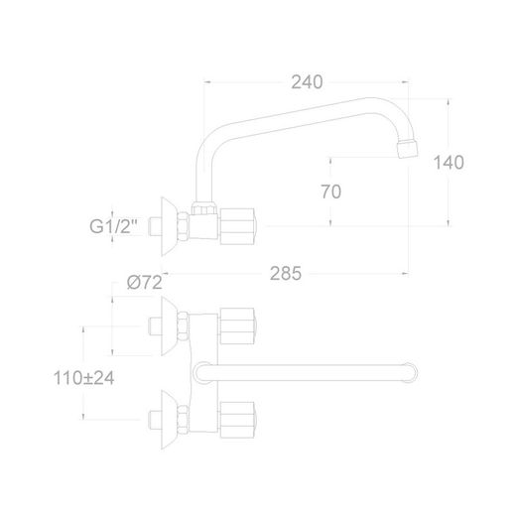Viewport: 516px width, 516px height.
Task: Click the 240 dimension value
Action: coord(307,82)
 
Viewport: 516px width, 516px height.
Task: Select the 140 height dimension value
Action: coord(449,163)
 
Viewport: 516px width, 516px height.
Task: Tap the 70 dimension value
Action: coord(330,192)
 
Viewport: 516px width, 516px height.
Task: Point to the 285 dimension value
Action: coord(286,274)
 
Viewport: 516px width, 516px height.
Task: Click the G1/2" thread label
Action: coord(113,226)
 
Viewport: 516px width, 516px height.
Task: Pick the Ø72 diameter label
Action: coord(145,283)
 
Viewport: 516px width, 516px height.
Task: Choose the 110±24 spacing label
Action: coord(83,378)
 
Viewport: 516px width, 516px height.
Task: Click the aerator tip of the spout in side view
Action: coord(408,148)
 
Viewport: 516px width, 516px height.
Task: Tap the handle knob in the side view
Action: coord(237,226)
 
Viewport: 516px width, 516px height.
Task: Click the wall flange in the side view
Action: coord(169,226)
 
